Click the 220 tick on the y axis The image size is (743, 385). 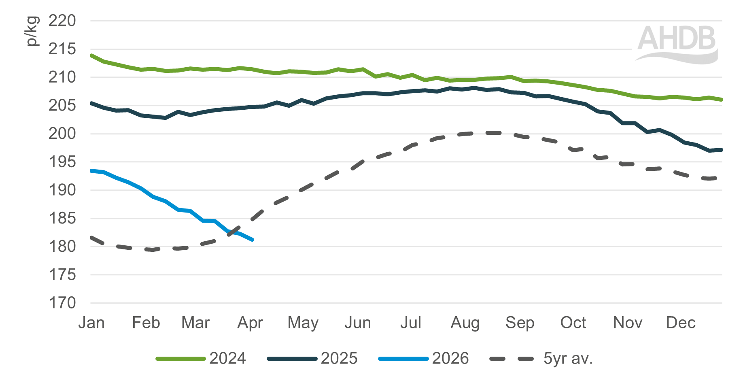coord(62,21)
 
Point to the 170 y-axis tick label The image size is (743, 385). coord(62,303)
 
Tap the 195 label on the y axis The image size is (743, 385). coord(62,162)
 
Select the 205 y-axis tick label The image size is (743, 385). coord(62,106)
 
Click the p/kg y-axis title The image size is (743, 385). coord(32,31)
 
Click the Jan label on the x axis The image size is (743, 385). coord(91,323)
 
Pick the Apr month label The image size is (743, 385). coord(250,323)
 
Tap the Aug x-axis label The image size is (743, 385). coord(465,323)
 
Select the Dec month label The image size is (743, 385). coord(681,323)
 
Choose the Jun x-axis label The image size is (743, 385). coord(358,323)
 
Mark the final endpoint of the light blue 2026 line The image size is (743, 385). coord(253,240)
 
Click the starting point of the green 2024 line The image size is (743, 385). coord(91,55)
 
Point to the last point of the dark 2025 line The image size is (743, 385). coord(722,150)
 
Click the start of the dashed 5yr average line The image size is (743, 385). coord(91,237)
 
